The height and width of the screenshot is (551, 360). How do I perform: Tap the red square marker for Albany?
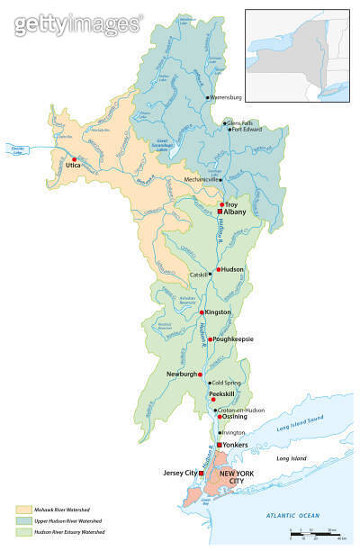point(219,212)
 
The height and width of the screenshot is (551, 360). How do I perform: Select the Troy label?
point(231,204)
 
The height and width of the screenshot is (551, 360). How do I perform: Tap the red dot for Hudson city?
point(218,269)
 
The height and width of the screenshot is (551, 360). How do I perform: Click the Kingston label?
point(219,312)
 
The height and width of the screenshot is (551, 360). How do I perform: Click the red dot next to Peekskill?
point(213,400)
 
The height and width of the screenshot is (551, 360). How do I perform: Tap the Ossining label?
point(237,417)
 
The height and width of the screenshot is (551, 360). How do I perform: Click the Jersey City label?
point(179,473)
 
